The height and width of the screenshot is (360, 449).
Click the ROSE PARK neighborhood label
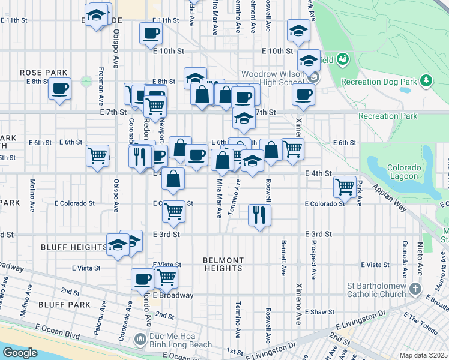(43, 73)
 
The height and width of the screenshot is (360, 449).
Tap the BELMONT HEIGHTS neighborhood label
(223, 264)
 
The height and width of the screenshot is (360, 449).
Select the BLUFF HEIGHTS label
(74, 247)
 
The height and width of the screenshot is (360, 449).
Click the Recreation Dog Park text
(378, 81)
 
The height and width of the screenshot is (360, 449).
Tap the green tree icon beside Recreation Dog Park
(426, 80)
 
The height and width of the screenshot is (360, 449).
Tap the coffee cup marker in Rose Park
(59, 89)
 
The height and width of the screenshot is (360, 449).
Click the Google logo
(19, 353)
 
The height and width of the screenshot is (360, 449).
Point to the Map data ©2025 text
(423, 355)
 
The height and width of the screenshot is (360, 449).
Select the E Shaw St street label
(319, 312)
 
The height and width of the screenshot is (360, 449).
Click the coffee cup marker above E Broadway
(143, 278)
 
